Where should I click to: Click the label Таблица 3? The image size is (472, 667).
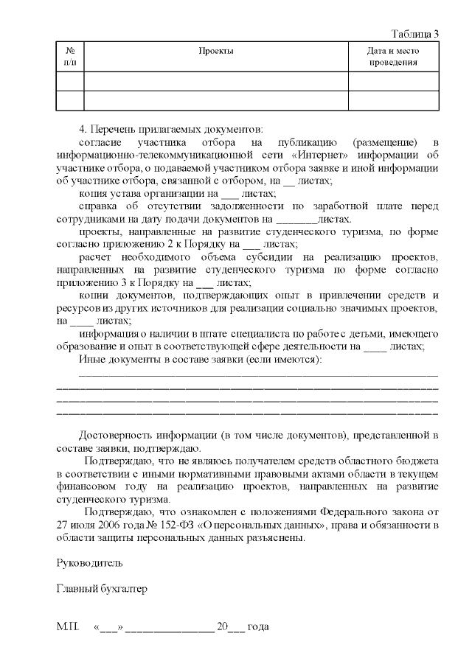(415, 34)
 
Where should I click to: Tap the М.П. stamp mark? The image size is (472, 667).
(68, 627)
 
